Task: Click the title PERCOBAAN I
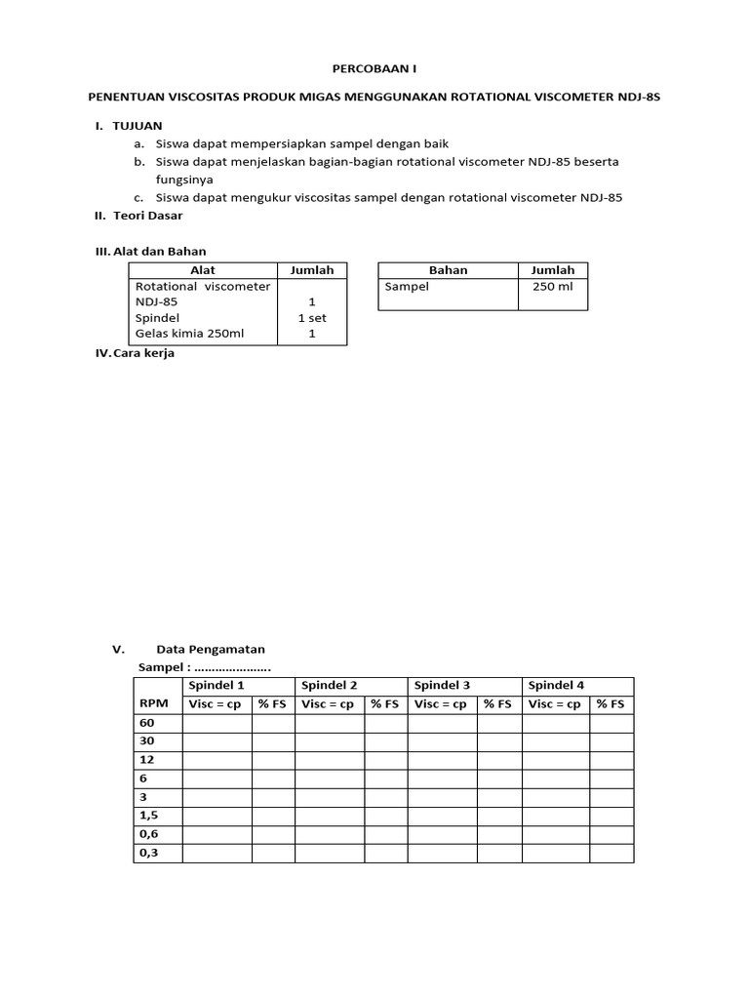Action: point(374,70)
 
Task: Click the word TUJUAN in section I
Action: point(138,126)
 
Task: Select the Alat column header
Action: point(203,270)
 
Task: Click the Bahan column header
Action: point(448,270)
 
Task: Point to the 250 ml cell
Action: point(552,288)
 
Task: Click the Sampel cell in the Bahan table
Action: point(407,288)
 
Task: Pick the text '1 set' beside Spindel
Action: point(312,318)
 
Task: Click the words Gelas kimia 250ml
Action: point(189,334)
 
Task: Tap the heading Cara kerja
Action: point(143,353)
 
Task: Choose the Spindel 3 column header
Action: point(443,686)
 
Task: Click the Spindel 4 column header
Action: point(556,686)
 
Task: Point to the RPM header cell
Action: point(153,703)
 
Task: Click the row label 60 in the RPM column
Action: point(147,723)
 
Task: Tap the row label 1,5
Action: point(149,816)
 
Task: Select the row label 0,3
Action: point(149,853)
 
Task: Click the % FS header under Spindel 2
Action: point(385,703)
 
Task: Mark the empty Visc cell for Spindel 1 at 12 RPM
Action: point(217,760)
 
